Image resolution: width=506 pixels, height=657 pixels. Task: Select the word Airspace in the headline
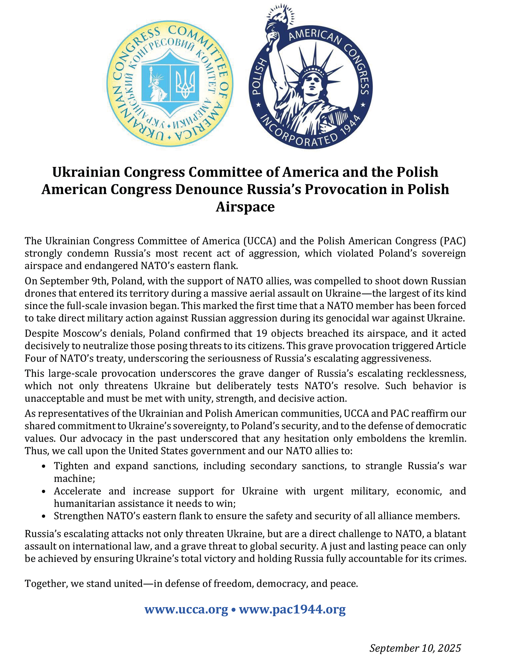coord(245,207)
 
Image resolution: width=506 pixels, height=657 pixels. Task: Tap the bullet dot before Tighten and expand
coord(44,467)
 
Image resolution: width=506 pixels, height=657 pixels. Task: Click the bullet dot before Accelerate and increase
coord(44,492)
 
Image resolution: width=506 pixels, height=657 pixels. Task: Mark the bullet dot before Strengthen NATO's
coord(44,516)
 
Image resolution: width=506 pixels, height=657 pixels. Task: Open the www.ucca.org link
coord(186,609)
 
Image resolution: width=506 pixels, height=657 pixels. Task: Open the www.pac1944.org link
coord(292,609)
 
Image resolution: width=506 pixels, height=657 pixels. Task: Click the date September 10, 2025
coord(415,648)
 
